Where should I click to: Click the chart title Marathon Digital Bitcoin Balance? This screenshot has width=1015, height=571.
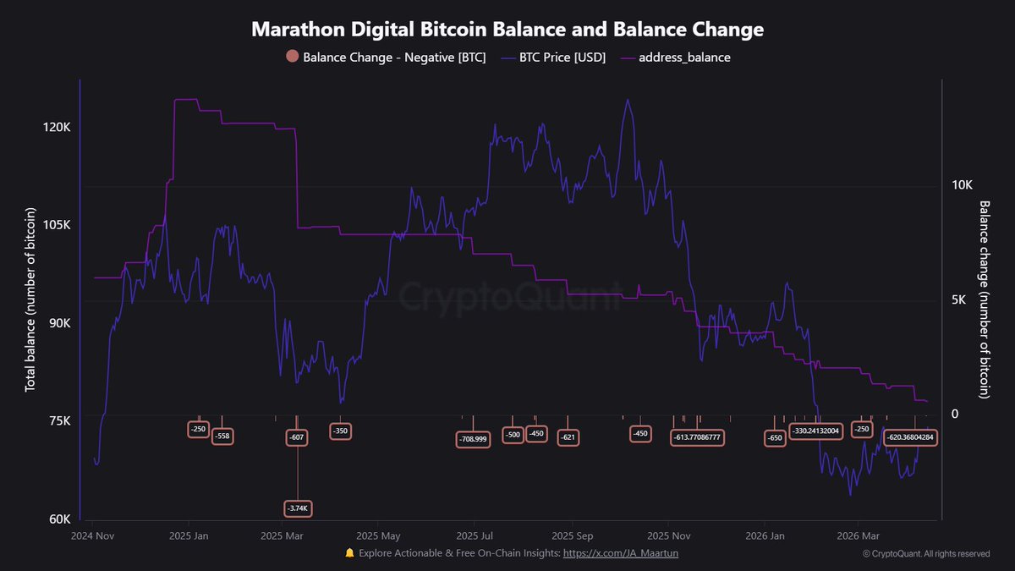coord(507,30)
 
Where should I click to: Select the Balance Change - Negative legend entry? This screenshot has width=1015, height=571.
coord(387,58)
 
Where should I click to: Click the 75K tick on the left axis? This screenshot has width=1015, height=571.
coord(56,421)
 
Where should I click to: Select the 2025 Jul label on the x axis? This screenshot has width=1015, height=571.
coord(475,535)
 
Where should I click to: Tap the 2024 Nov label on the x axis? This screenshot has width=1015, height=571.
coord(92,535)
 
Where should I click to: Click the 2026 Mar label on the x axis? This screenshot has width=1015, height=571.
coord(859,535)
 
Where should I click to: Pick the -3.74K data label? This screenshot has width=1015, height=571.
coord(298,508)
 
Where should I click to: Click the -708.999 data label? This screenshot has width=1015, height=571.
coord(473,439)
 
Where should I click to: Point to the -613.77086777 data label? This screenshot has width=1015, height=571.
coord(698,437)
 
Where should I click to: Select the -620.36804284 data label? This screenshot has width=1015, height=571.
coord(910,437)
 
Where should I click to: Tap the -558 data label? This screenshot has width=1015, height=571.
coord(222,436)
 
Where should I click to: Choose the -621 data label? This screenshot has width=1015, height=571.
coord(568,437)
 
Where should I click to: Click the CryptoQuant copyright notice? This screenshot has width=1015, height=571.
coord(926,554)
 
